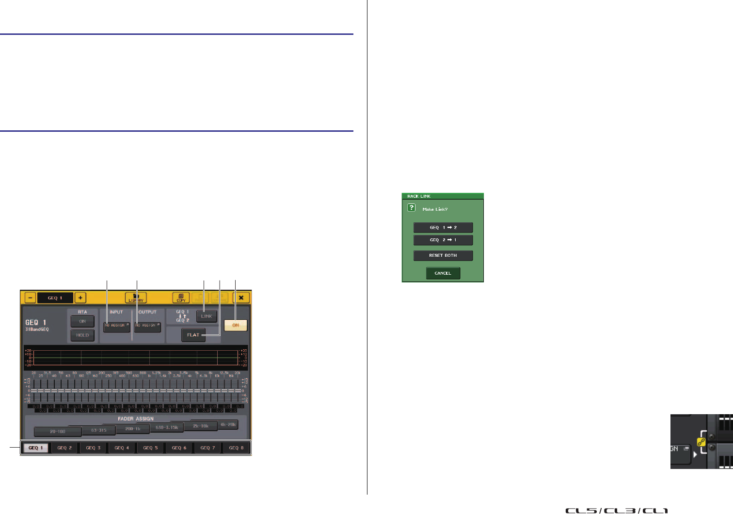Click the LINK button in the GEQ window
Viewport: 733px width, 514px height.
pyautogui.click(x=206, y=316)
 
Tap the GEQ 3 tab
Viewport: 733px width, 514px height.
pyautogui.click(x=93, y=448)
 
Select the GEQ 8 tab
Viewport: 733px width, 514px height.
pyautogui.click(x=236, y=448)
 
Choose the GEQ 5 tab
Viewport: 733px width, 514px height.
pyautogui.click(x=150, y=448)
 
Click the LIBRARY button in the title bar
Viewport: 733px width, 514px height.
pyautogui.click(x=136, y=298)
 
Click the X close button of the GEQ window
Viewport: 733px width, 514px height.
pyautogui.click(x=241, y=298)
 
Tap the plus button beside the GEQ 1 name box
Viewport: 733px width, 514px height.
pyautogui.click(x=80, y=298)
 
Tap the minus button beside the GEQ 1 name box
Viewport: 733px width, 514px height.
pyautogui.click(x=30, y=298)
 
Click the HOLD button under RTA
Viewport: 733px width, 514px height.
pyautogui.click(x=82, y=335)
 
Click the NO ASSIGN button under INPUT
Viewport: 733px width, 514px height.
pyautogui.click(x=116, y=326)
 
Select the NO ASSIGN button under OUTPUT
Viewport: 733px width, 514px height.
pyautogui.click(x=147, y=326)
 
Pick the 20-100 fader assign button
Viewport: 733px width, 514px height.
pyautogui.click(x=58, y=431)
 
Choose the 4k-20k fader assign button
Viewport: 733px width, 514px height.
pyautogui.click(x=228, y=424)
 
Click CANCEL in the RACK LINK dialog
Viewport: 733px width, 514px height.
pyautogui.click(x=443, y=273)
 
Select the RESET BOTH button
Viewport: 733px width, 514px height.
pyautogui.click(x=443, y=255)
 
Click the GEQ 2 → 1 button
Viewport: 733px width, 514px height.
pyautogui.click(x=443, y=240)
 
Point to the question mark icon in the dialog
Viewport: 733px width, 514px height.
pyautogui.click(x=412, y=208)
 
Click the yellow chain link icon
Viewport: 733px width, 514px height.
pyautogui.click(x=701, y=442)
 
